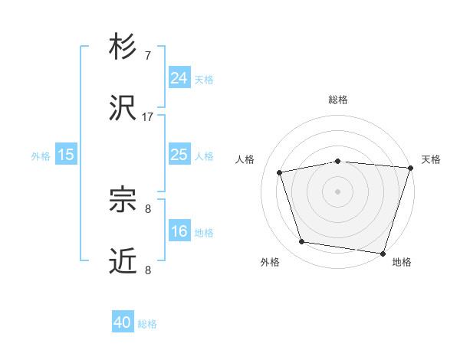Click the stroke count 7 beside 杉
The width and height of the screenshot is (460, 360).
(x=148, y=56)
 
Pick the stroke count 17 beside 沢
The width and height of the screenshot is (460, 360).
(x=148, y=116)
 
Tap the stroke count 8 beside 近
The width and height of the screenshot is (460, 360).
(x=148, y=269)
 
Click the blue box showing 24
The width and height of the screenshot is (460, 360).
(x=179, y=77)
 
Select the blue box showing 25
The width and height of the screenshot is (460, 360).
(x=179, y=155)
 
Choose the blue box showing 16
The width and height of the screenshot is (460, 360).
(x=179, y=231)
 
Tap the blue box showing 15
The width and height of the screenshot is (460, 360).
(x=66, y=155)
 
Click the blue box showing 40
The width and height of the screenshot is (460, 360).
(x=123, y=322)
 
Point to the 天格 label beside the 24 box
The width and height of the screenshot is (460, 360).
(x=204, y=79)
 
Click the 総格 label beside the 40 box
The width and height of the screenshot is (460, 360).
(x=147, y=324)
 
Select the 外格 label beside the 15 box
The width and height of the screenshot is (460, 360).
(x=41, y=156)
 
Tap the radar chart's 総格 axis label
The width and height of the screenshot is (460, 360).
(x=338, y=100)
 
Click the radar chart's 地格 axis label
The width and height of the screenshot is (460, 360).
(x=402, y=263)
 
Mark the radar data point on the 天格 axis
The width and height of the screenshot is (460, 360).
(x=410, y=168)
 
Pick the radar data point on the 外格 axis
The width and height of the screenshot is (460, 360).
(x=302, y=242)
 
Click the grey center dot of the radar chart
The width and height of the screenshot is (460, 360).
(x=338, y=191)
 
